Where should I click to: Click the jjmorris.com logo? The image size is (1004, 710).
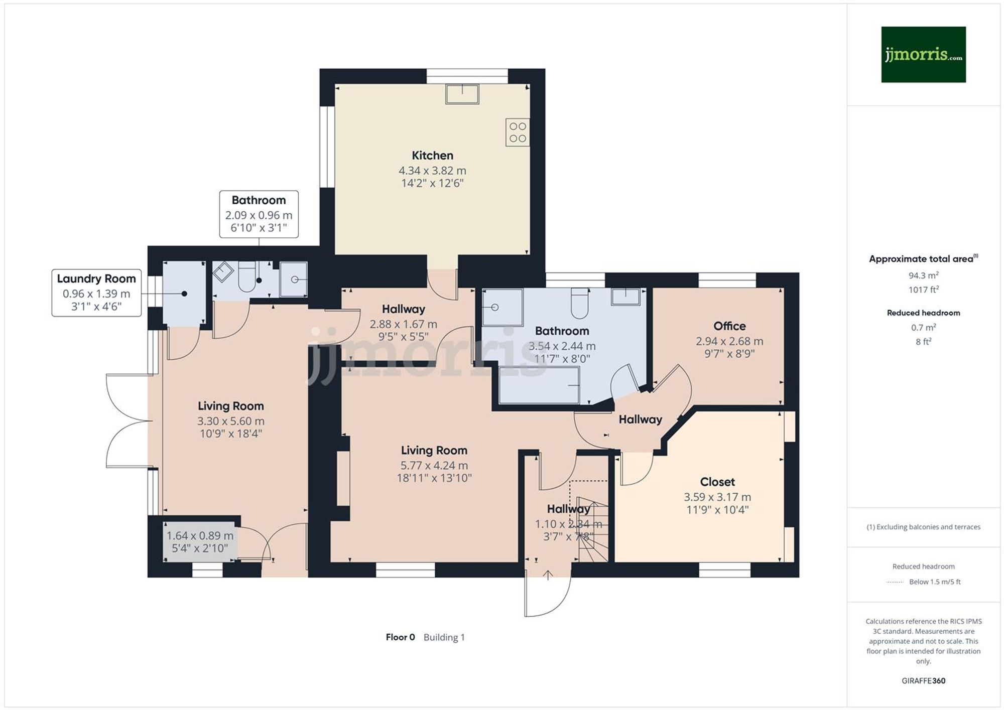click(923, 54)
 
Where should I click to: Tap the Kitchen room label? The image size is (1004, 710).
click(432, 156)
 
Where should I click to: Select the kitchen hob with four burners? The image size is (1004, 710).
click(518, 132)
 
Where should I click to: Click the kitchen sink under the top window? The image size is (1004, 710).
click(462, 94)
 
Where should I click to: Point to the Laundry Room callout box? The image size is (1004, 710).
click(96, 293)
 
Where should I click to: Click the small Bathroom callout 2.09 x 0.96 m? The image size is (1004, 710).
click(259, 214)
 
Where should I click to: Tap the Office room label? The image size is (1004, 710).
click(729, 326)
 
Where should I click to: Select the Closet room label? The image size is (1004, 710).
click(717, 482)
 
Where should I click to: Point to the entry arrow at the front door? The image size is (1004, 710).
click(548, 575)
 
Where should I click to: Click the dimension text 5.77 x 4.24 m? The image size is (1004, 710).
click(434, 466)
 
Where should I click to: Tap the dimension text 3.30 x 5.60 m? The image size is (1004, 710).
click(230, 421)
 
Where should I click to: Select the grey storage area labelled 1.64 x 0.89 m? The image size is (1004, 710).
click(200, 541)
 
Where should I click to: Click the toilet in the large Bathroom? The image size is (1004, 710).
click(580, 303)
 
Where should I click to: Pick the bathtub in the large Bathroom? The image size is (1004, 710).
click(539, 385)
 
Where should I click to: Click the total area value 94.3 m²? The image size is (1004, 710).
click(923, 275)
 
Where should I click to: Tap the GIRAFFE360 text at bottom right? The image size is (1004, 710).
click(923, 681)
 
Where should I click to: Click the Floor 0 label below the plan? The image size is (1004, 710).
click(400, 637)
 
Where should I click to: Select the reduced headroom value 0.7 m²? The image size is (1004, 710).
click(923, 328)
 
